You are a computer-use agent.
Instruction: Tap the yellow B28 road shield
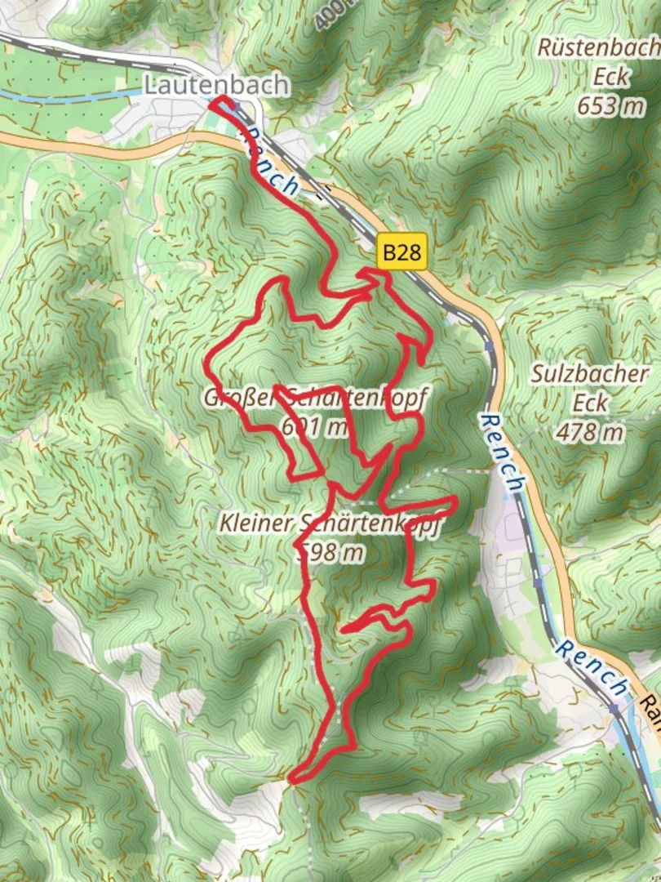pyautogui.click(x=402, y=253)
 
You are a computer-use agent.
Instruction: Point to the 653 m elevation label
pyautogui.click(x=610, y=105)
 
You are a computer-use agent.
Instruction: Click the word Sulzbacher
pyautogui.click(x=589, y=374)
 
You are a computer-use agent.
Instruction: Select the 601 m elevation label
pyautogui.click(x=313, y=426)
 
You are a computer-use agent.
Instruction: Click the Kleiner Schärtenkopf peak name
pyautogui.click(x=330, y=523)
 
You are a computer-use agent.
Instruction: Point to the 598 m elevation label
pyautogui.click(x=330, y=553)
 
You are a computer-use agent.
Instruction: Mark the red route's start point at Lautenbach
pyautogui.click(x=214, y=102)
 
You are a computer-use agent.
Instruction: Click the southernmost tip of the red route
pyautogui.click(x=292, y=779)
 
